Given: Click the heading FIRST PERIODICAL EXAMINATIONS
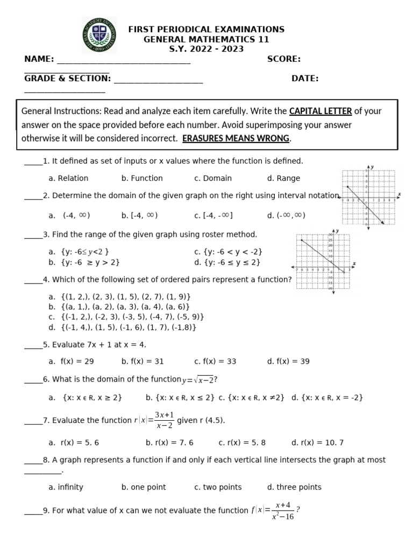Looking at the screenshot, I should [x=206, y=30].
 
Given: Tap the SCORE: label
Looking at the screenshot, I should [x=283, y=59].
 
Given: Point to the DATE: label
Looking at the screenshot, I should [x=305, y=79].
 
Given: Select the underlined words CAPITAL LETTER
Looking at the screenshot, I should [x=321, y=111].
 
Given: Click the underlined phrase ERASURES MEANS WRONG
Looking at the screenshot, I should [x=236, y=138].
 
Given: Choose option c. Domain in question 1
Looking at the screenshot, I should [x=213, y=178].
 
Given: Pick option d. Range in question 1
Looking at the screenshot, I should [x=283, y=178].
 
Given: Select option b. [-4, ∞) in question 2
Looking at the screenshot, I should [x=139, y=215].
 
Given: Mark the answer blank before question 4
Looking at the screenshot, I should [x=33, y=280].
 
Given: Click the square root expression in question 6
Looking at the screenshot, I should [x=198, y=380].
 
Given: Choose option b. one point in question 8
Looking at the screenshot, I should [x=144, y=487].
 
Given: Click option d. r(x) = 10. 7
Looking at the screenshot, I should [x=317, y=443].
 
